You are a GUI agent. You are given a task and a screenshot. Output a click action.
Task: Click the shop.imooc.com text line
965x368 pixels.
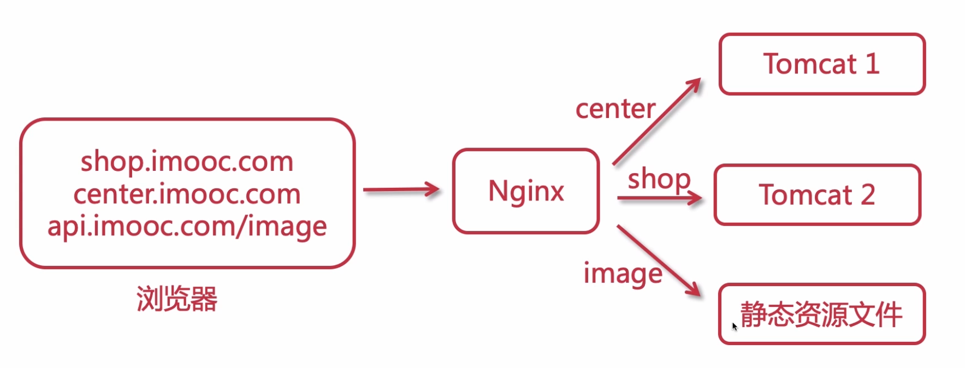[187, 162]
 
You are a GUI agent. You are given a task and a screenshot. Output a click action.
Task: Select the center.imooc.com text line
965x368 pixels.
[187, 194]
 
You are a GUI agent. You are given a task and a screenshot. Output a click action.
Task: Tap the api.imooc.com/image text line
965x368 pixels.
[187, 226]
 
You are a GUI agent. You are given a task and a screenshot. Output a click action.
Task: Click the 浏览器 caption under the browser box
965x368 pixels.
[177, 299]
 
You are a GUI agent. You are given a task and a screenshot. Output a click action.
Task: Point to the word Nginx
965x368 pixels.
[526, 191]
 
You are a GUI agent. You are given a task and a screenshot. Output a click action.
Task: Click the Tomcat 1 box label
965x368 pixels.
[821, 64]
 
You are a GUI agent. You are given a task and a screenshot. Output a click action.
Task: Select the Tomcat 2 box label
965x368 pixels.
[816, 195]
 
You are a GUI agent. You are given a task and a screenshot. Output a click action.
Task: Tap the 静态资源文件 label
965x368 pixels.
[821, 314]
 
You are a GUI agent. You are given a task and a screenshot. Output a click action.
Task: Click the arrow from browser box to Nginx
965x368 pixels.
[401, 190]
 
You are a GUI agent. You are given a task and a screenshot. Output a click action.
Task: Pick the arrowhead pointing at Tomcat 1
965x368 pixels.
[695, 85]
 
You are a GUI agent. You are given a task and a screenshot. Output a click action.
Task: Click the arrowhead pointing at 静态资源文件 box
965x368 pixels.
[695, 289]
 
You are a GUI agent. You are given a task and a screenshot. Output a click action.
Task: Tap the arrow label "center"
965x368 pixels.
[615, 109]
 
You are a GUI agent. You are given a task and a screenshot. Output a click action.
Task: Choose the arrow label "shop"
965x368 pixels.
[659, 180]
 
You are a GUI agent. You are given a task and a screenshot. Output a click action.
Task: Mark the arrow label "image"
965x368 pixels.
[623, 274]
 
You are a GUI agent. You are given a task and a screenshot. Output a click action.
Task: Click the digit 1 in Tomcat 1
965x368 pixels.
[872, 64]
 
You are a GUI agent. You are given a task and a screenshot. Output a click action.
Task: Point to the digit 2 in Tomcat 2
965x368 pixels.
[868, 195]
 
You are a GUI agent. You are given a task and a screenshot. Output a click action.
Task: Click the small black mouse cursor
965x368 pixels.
[735, 327]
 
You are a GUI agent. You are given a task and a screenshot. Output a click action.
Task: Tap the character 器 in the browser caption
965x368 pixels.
[204, 299]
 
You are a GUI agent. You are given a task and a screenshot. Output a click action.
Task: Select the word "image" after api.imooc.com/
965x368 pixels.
[287, 227]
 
